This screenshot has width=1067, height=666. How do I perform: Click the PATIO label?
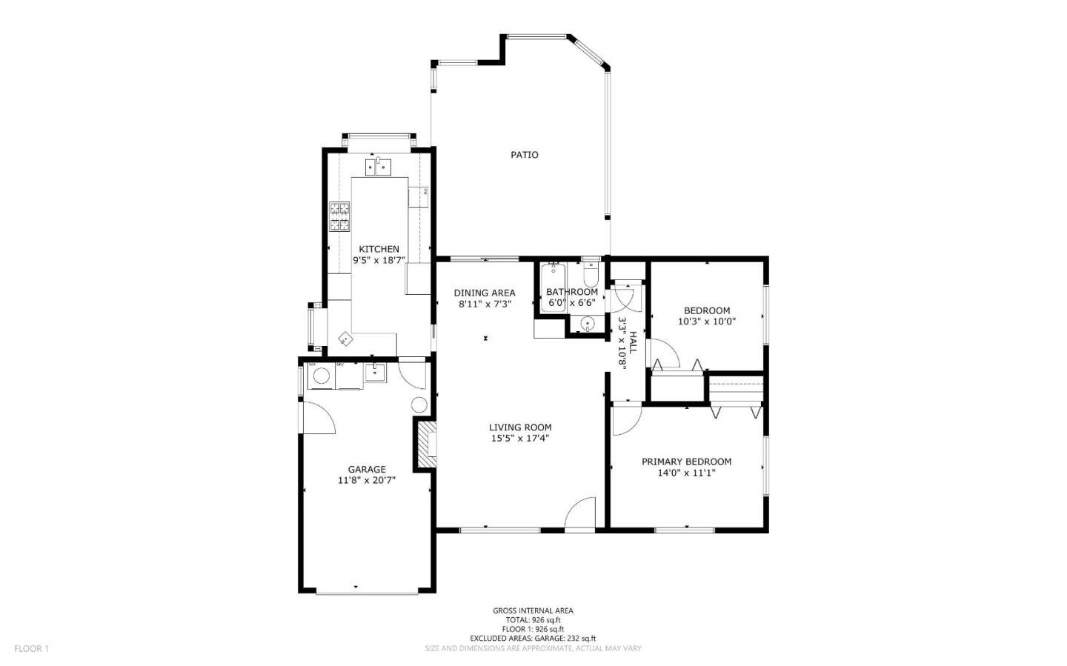click(x=524, y=155)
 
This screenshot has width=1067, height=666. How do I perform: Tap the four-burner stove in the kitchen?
click(x=339, y=217)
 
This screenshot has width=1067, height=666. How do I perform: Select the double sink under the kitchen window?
click(x=378, y=167)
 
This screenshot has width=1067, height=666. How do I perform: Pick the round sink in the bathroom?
click(x=587, y=323)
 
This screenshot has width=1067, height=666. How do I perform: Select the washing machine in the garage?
click(x=321, y=376)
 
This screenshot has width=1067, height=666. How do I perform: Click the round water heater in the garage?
click(x=419, y=404)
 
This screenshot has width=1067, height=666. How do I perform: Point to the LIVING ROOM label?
click(x=520, y=427)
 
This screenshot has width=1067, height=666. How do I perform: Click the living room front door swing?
click(x=582, y=514)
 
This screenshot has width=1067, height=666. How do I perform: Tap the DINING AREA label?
click(x=485, y=293)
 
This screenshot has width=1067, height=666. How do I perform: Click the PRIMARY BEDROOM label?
click(x=686, y=462)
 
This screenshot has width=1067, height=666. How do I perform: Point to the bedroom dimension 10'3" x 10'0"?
click(x=706, y=322)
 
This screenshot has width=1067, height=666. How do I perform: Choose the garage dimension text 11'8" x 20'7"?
click(x=367, y=480)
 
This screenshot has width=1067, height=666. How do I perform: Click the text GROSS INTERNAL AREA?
click(x=533, y=611)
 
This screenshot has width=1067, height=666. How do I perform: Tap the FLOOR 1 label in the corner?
click(x=31, y=649)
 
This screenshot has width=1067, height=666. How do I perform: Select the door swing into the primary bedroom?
click(x=624, y=419)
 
